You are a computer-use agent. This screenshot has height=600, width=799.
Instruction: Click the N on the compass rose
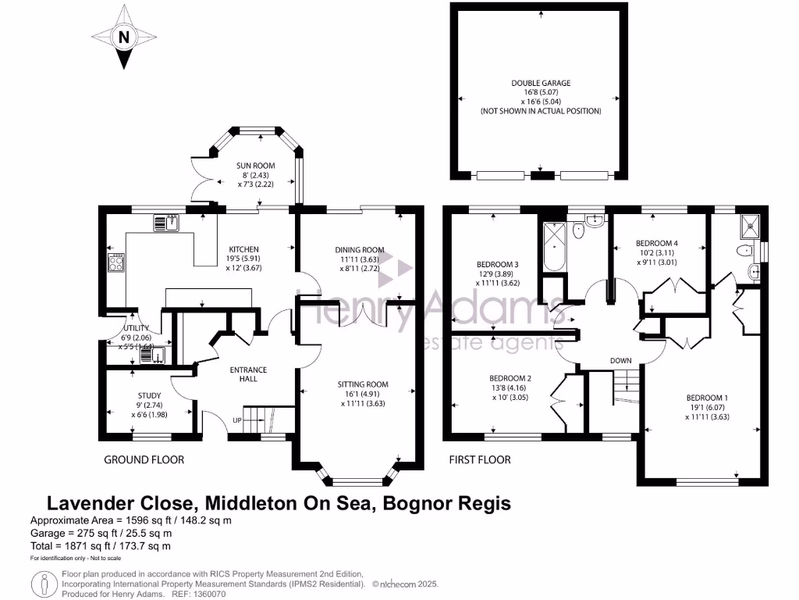pyautogui.click(x=123, y=36)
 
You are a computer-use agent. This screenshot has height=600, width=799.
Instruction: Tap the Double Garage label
pyautogui.click(x=540, y=82)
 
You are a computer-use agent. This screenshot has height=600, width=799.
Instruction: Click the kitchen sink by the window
pyautogui.click(x=166, y=223)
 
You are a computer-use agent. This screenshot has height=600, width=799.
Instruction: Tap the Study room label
pyautogui.click(x=148, y=395)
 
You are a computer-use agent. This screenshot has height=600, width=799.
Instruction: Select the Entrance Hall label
pyautogui.click(x=247, y=374)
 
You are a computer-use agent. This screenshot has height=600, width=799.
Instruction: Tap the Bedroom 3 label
pyautogui.click(x=498, y=263)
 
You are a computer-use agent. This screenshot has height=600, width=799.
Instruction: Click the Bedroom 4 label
pyautogui.click(x=657, y=243)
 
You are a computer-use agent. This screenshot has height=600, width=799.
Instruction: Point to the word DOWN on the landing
pyautogui.click(x=621, y=360)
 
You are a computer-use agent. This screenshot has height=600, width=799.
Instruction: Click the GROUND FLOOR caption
pyautogui.click(x=144, y=459)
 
